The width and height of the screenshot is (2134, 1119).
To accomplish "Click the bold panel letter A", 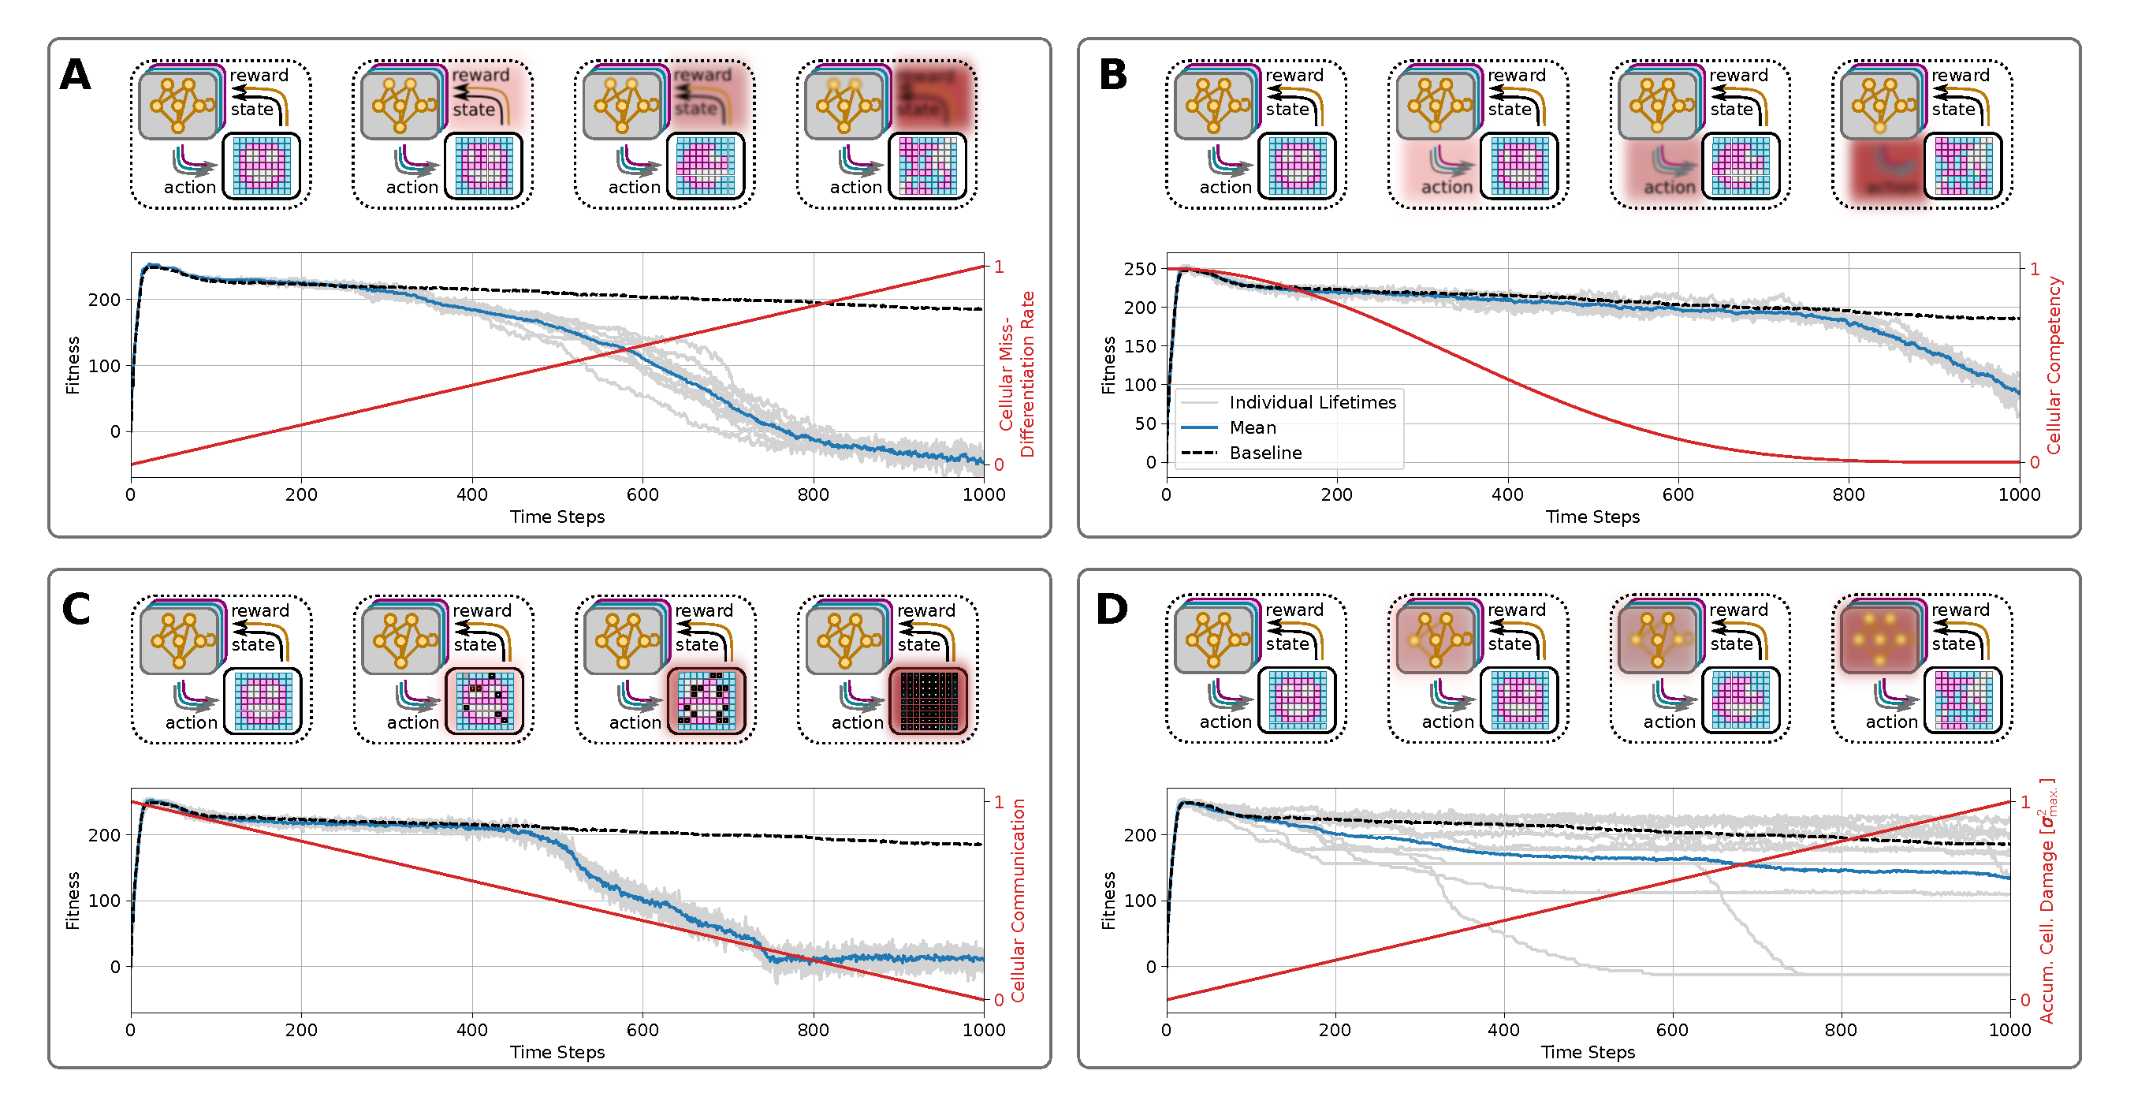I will [76, 75].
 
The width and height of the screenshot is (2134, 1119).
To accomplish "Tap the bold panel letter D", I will [1112, 610].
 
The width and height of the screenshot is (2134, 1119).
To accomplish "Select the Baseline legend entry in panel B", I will [1265, 453].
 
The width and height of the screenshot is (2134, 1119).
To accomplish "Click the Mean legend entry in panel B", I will [1252, 427].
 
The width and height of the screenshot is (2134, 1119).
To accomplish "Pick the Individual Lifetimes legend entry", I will [1313, 402].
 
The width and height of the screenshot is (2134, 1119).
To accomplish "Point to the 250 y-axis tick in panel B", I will [1139, 269].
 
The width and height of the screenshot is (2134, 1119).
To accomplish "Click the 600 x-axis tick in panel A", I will [642, 495].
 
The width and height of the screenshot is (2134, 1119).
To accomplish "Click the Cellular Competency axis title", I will [2054, 364].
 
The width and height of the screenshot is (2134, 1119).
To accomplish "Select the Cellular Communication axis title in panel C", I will [1018, 901].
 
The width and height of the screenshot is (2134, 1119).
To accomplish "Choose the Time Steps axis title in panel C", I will [557, 1052].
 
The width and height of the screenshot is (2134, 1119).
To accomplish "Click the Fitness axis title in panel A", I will [73, 364].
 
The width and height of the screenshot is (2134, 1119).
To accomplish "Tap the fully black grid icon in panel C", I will [929, 701].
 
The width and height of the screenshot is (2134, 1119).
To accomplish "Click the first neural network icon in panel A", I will [179, 105].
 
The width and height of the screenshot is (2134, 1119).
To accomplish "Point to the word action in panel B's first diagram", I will [1225, 188].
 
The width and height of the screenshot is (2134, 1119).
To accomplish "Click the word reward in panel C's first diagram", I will [260, 611].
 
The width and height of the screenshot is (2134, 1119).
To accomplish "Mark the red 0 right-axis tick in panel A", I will [999, 465].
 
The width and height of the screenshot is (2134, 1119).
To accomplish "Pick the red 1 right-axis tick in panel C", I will [999, 802].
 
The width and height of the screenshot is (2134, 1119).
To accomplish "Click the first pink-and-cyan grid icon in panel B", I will [1298, 166].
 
